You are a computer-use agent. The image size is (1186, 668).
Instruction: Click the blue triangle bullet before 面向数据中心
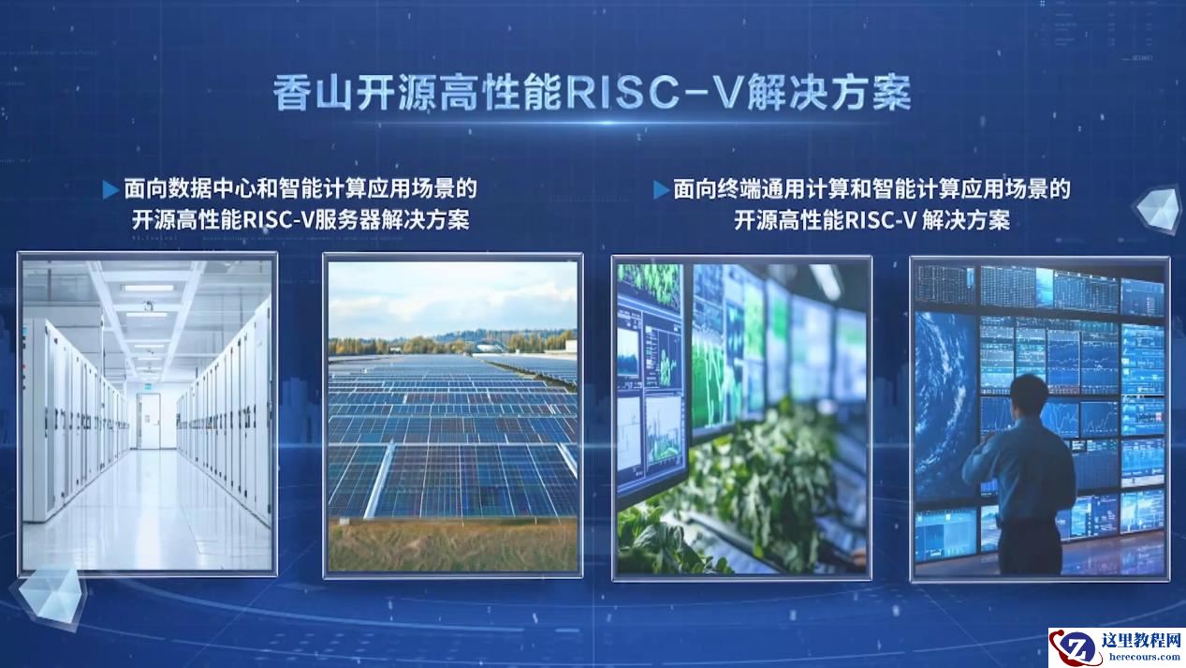110,189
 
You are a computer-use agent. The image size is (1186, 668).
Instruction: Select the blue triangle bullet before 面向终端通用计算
661,189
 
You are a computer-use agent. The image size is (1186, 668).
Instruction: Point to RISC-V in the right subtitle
881,220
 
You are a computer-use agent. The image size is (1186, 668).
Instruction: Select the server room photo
147,414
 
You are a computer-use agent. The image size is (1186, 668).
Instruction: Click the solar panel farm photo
453,416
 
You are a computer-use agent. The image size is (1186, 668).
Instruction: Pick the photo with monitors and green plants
741,419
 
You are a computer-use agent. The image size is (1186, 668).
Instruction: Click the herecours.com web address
1144,657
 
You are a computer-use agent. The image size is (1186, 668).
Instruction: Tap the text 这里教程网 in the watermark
1141,640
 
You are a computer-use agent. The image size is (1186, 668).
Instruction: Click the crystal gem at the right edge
1160,209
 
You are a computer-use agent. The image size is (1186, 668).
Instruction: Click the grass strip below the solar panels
453,544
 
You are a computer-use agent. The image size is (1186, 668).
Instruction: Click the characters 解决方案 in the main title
829,94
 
